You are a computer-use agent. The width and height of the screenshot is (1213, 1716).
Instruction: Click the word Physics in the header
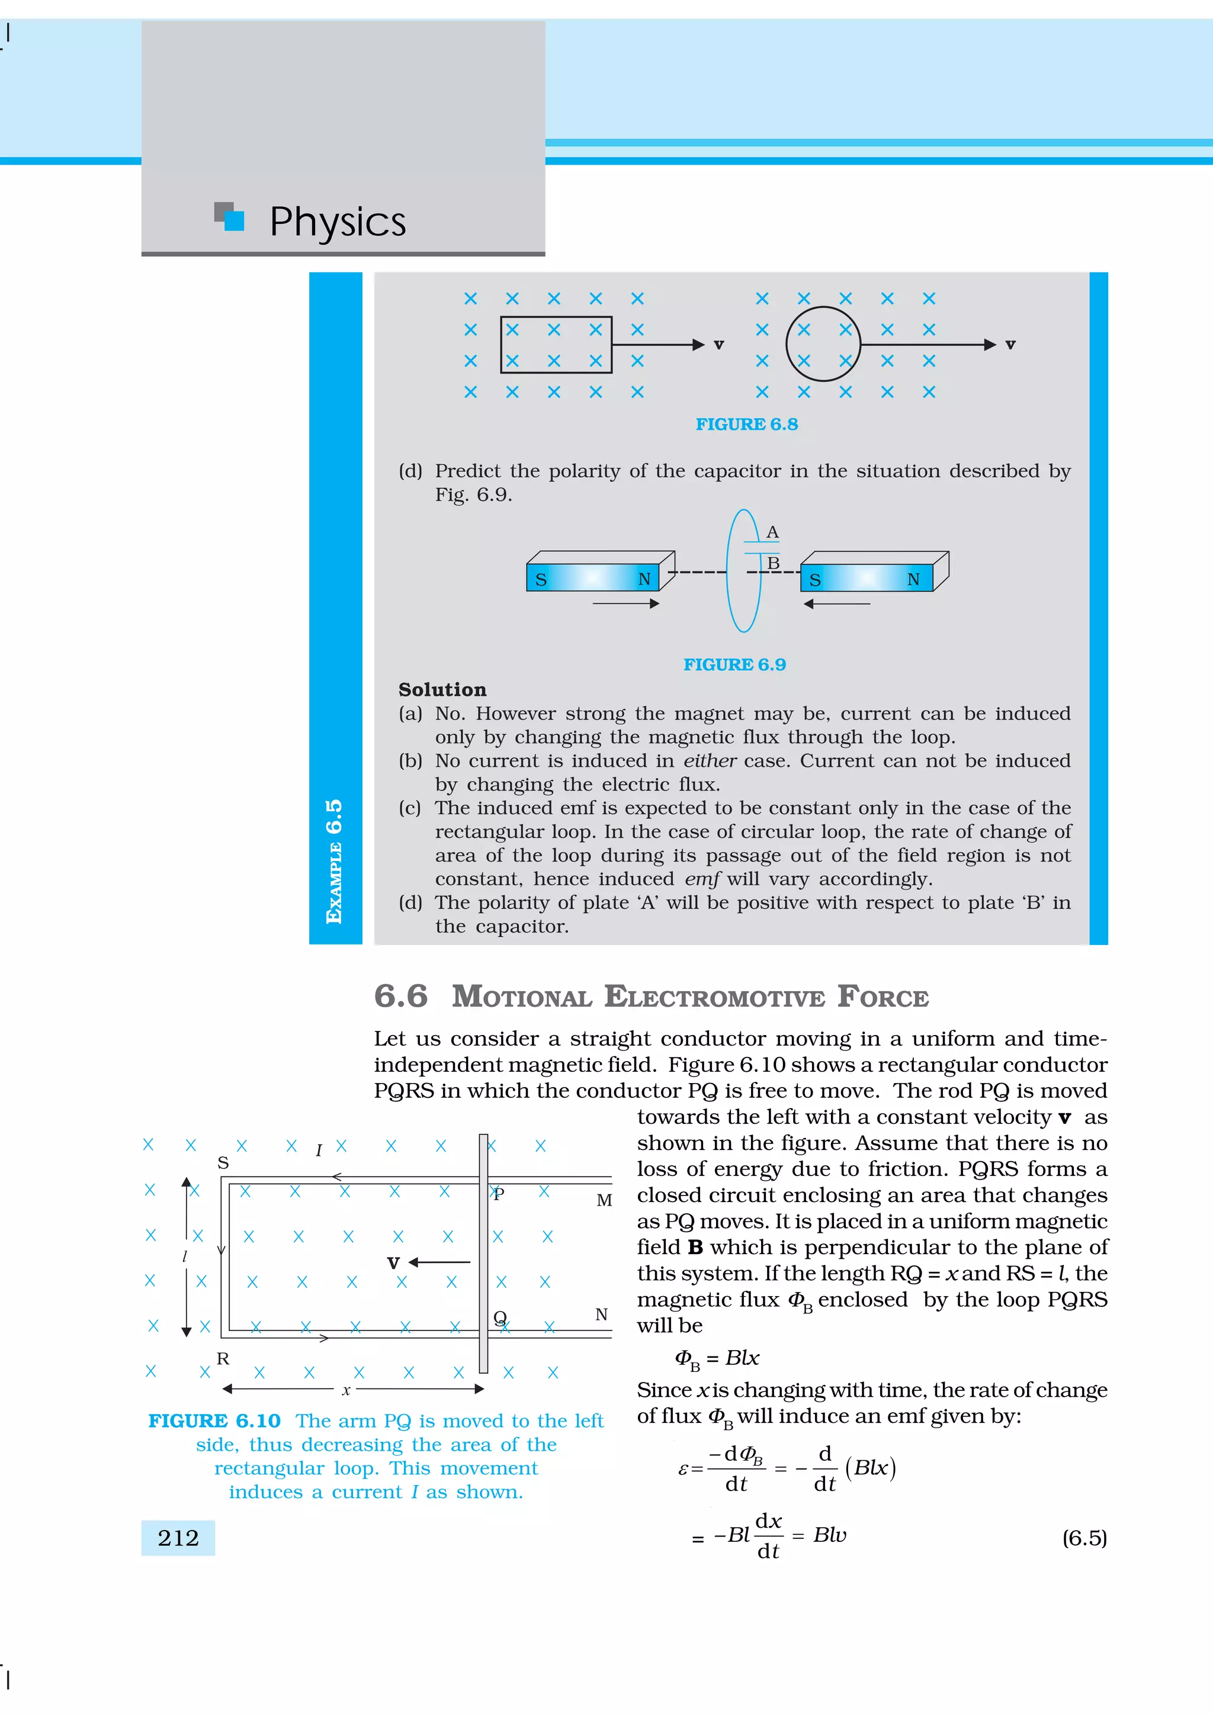coord(337,222)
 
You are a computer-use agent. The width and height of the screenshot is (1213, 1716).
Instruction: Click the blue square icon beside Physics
coord(234,220)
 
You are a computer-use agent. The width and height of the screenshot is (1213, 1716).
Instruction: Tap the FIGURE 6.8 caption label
coord(747,425)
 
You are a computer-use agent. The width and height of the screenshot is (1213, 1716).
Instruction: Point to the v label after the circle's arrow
coord(1010,345)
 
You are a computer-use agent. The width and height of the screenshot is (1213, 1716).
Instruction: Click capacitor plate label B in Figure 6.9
coord(774,563)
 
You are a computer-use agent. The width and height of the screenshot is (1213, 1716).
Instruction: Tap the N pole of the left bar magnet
coord(643,579)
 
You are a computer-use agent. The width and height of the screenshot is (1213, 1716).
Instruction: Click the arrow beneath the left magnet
coord(625,604)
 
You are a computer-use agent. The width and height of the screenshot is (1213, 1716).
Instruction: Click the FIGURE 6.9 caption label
coord(734,665)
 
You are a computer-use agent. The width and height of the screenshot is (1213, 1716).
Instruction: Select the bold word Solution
coord(442,690)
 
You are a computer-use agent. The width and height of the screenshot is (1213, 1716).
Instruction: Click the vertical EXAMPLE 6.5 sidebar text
coord(335,861)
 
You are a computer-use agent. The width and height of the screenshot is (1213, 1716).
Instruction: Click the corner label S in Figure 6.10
coord(223,1163)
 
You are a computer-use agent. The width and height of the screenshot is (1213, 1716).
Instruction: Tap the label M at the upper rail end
coord(604,1200)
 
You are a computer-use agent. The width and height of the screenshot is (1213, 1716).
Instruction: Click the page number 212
coord(178,1538)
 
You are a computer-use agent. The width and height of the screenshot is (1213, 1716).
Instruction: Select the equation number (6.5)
coord(1084,1538)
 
